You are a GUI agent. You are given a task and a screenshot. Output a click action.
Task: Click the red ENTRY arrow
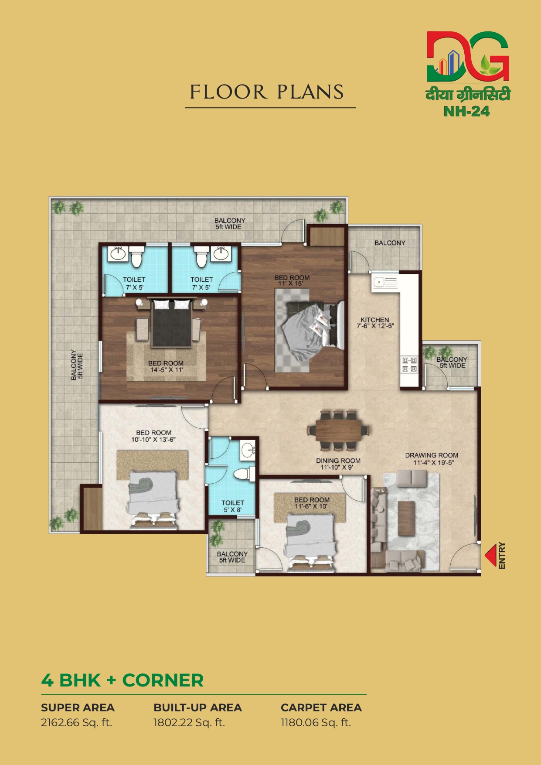point(491,555)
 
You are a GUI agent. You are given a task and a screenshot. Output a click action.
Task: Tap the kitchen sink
point(384,282)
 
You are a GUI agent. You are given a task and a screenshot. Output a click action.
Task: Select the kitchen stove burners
point(409,365)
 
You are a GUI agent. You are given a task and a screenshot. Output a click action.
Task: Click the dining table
point(338,430)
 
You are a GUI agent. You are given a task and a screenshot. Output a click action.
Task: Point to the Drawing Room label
point(432,455)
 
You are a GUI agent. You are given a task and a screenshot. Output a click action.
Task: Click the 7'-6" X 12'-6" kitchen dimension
point(375,326)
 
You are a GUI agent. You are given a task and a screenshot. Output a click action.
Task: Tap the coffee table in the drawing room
point(406,518)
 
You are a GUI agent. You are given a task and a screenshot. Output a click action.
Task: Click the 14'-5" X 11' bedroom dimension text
point(166,369)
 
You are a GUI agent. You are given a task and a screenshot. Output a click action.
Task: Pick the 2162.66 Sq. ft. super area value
point(77,723)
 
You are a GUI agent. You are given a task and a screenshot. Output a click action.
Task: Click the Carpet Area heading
point(321,707)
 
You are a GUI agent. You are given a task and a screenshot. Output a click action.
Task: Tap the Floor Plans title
point(267,92)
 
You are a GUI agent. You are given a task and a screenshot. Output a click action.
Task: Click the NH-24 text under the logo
point(466,112)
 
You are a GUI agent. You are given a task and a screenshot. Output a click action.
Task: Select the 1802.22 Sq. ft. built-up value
point(189,723)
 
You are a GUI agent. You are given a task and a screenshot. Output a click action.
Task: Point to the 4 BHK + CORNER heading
point(122,680)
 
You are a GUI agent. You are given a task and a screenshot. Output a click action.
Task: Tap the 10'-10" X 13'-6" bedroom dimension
point(153,440)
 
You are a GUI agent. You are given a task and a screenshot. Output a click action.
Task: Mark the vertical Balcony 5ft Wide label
point(77,365)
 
